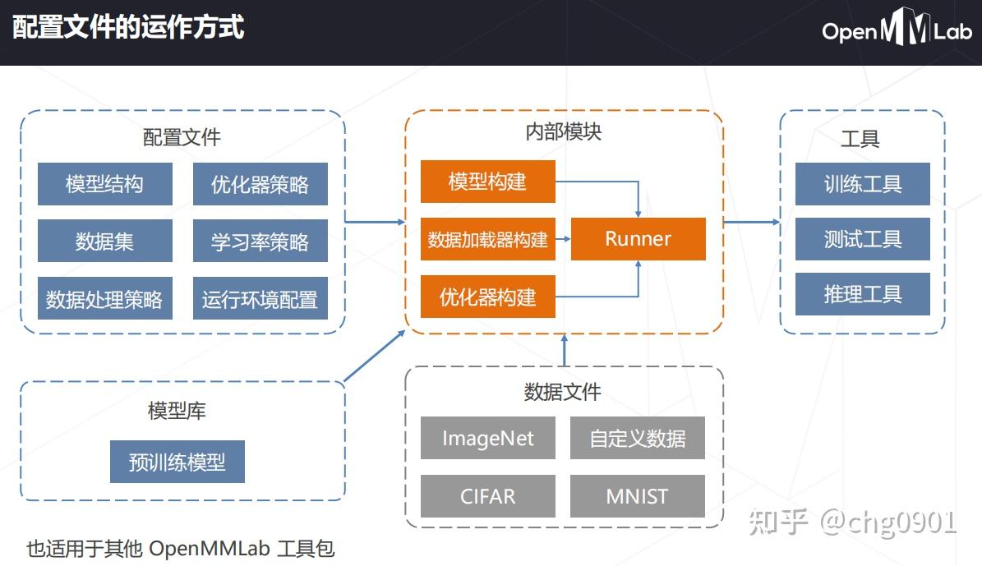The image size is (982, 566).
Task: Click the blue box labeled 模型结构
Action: (x=104, y=183)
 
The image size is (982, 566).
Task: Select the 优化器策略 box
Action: (x=260, y=183)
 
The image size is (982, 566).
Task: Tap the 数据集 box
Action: (x=104, y=241)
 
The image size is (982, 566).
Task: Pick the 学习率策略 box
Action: (x=260, y=241)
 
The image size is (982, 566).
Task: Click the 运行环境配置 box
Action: (x=260, y=299)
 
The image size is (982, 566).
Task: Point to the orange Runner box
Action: (x=638, y=239)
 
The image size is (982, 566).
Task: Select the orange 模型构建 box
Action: (x=487, y=182)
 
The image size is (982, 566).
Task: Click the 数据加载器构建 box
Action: (x=487, y=239)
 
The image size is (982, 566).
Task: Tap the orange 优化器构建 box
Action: (x=487, y=297)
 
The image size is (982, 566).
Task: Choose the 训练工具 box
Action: (x=862, y=183)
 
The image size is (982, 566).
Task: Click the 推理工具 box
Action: (x=862, y=294)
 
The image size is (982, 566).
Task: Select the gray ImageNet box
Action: (x=487, y=438)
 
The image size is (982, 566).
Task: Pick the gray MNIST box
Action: (x=637, y=496)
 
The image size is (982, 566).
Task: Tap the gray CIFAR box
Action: (x=487, y=496)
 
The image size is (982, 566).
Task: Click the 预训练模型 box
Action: (x=177, y=462)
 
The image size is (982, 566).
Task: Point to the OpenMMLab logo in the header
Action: (x=897, y=30)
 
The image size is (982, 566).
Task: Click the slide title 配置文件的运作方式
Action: (x=128, y=27)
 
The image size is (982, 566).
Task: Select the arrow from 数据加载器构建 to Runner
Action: (x=563, y=239)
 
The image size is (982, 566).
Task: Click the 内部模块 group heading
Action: (x=563, y=131)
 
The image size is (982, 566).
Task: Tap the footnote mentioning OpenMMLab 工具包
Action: (x=181, y=548)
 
